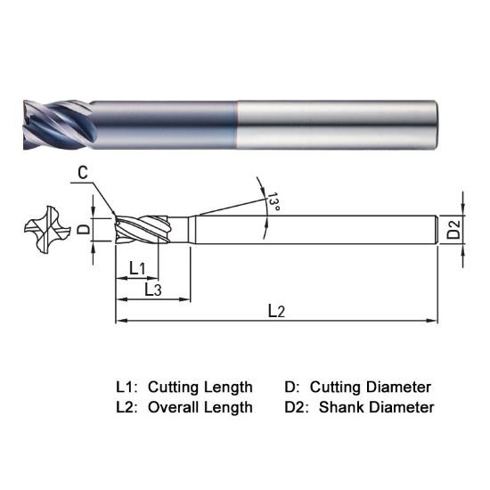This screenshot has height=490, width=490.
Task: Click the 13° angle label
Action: point(273,204)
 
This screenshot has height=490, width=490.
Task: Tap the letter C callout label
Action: point(82,174)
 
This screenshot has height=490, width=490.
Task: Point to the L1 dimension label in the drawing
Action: point(137,267)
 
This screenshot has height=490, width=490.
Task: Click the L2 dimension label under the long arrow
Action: point(276,311)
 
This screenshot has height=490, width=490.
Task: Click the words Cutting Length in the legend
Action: point(200,388)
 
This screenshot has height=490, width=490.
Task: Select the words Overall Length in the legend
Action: point(200,407)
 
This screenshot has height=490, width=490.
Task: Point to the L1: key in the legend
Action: point(127,388)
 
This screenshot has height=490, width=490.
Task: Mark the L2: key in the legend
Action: point(127,407)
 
